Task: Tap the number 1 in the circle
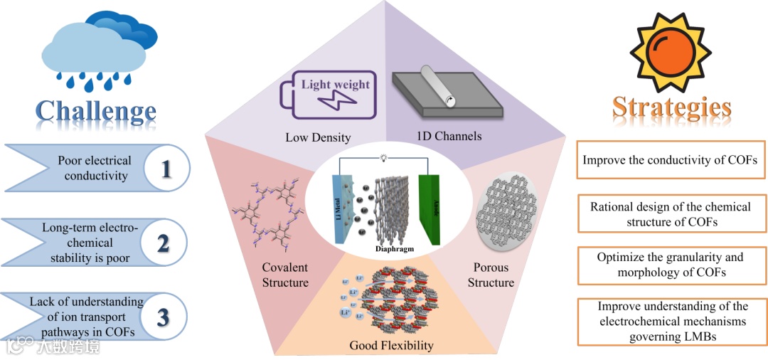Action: (166, 169)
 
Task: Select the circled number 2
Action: (163, 243)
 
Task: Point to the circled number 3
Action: (163, 317)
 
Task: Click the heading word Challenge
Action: (96, 111)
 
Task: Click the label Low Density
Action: (318, 137)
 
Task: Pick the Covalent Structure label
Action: (284, 275)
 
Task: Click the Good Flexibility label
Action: (391, 346)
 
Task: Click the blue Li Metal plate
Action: (340, 213)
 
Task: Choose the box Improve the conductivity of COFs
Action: (670, 160)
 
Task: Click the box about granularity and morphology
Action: (670, 265)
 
